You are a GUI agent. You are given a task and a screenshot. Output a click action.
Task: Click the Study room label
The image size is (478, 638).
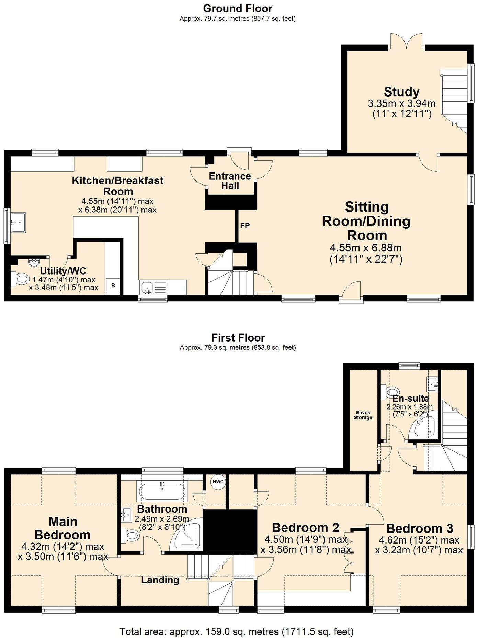click(401, 92)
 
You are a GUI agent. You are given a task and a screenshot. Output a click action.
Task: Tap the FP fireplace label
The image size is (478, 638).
click(245, 226)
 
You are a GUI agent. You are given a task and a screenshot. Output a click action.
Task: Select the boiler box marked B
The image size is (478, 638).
click(113, 286)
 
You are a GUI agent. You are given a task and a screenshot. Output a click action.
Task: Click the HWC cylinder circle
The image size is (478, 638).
click(218, 482)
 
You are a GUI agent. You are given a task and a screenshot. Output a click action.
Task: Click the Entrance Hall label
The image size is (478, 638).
click(230, 181)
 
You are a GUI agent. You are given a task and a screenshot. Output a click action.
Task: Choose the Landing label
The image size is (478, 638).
click(160, 580)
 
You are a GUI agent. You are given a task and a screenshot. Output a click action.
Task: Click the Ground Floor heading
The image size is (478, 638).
click(238, 8)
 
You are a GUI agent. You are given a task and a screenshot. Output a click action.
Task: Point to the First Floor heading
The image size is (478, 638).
click(238, 337)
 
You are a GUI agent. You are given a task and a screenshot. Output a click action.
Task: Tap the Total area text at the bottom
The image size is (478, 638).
click(237, 631)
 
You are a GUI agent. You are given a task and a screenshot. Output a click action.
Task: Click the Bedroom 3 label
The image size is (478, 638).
click(420, 528)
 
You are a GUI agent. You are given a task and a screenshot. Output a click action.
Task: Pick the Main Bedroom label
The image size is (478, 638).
click(63, 528)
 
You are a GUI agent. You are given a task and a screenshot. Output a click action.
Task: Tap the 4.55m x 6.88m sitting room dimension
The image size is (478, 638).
click(366, 247)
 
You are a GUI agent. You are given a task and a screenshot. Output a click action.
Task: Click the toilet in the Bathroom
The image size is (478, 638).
click(130, 535)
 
